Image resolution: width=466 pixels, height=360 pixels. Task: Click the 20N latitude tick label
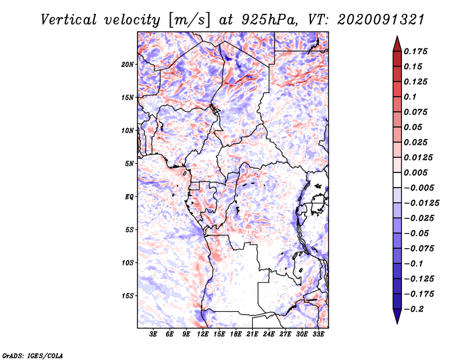click(x=128, y=64)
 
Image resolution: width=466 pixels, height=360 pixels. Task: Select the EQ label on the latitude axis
click(x=129, y=196)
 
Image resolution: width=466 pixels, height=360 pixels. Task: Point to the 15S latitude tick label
click(x=128, y=295)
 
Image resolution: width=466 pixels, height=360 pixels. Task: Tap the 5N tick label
click(x=129, y=163)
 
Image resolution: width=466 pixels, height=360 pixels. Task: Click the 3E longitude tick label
click(x=154, y=334)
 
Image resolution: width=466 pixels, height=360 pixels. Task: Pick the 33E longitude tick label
click(x=318, y=334)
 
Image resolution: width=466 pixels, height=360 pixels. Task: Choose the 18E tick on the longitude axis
click(x=236, y=334)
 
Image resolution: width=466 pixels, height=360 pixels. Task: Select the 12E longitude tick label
click(x=203, y=334)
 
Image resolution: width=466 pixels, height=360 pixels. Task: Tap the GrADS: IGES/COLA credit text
click(x=32, y=355)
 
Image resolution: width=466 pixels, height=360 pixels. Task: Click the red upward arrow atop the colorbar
click(x=397, y=43)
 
